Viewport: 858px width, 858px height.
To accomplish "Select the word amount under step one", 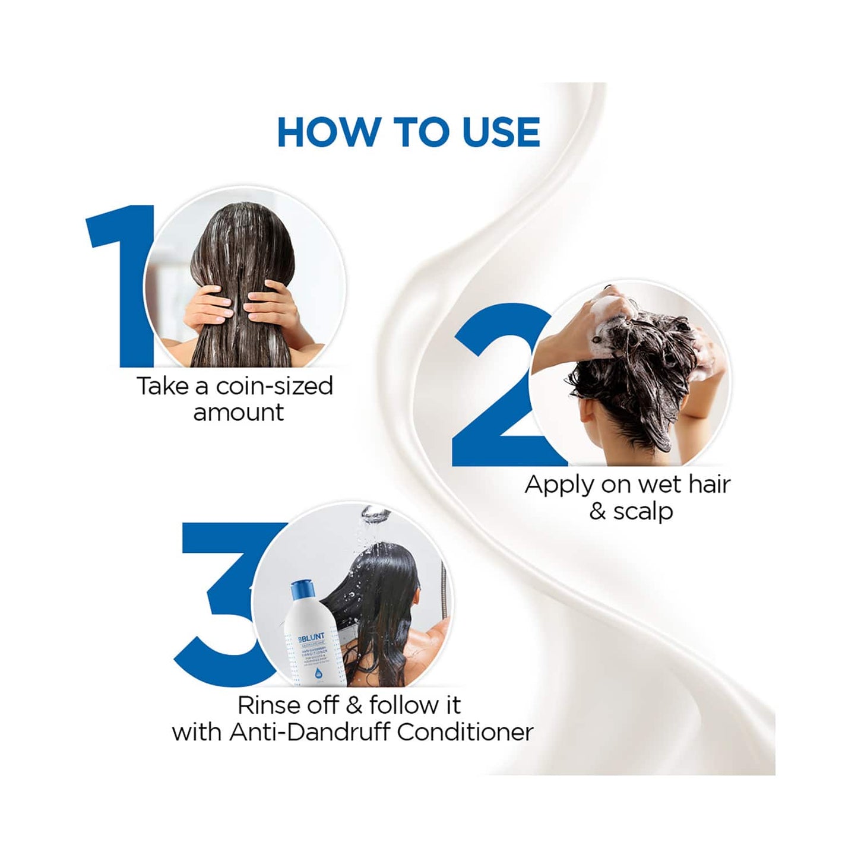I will (x=238, y=412).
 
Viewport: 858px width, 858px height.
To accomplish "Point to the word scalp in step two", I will (x=643, y=511).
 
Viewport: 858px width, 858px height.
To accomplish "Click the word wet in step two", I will (x=660, y=485).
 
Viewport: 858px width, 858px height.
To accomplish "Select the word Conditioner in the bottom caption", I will (x=465, y=732).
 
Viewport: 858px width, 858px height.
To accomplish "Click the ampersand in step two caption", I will (x=597, y=511).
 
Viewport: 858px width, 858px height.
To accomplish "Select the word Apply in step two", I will (x=559, y=486).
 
